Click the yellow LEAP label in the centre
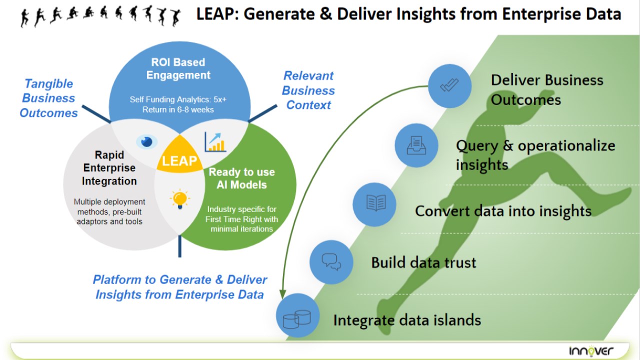tap(179, 160)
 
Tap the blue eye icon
tap(146, 141)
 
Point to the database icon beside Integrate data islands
tap(297, 318)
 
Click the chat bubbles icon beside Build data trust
tap(331, 262)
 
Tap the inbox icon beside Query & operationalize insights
tap(416, 145)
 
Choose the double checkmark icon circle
tap(450, 86)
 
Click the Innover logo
tap(591, 350)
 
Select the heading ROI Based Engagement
tap(178, 69)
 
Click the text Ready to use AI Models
tap(241, 178)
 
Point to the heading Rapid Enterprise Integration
tap(109, 168)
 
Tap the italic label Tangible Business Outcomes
tap(48, 98)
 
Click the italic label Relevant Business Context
tap(308, 90)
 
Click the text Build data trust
tap(423, 262)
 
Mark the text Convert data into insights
tap(503, 210)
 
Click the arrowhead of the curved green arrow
tap(282, 293)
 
